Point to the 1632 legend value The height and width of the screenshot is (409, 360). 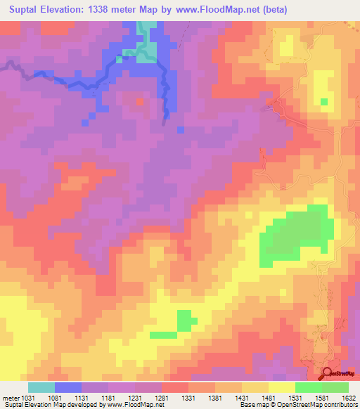[348, 397]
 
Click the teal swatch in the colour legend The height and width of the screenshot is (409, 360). [41, 387]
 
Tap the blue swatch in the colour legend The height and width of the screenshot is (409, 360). [68, 387]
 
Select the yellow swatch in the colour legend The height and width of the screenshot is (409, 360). [282, 387]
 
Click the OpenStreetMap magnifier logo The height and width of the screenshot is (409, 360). [327, 374]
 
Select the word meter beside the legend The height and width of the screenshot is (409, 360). [10, 397]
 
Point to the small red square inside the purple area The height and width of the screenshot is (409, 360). [139, 101]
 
